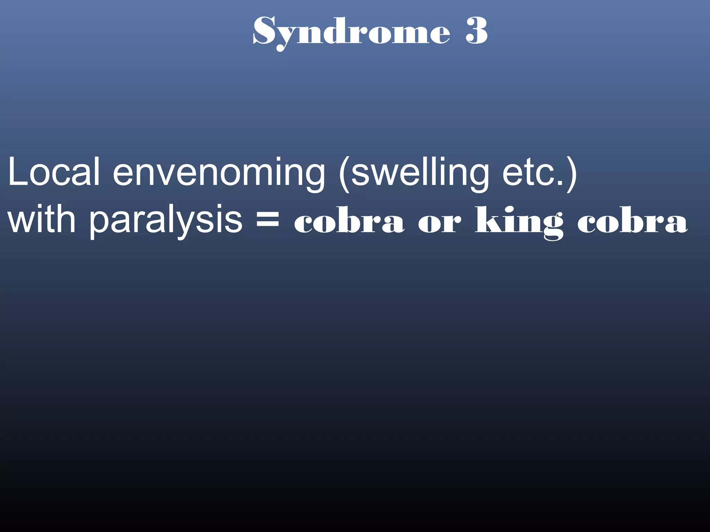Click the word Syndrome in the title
click(x=352, y=32)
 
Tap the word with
click(x=42, y=220)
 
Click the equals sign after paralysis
click(x=267, y=219)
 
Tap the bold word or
click(x=440, y=223)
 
